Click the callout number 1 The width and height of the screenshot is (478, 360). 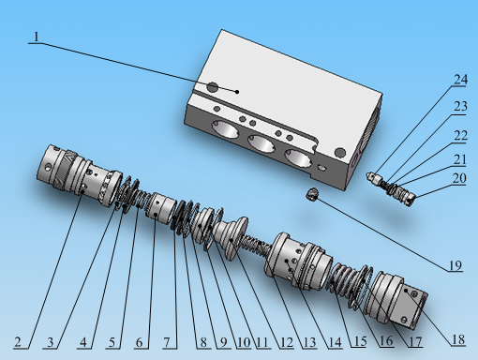click(37, 37)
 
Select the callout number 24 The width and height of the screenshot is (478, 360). click(460, 80)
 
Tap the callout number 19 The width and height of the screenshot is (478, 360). click(456, 265)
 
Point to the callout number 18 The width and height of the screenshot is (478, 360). click(458, 339)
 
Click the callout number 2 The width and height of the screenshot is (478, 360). click(18, 342)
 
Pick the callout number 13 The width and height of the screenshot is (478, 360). click(309, 342)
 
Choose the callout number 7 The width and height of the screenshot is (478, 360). click(167, 342)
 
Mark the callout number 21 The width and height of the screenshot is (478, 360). click(460, 159)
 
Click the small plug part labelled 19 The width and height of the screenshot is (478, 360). click(312, 194)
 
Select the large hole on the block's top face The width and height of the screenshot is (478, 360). click(213, 87)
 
